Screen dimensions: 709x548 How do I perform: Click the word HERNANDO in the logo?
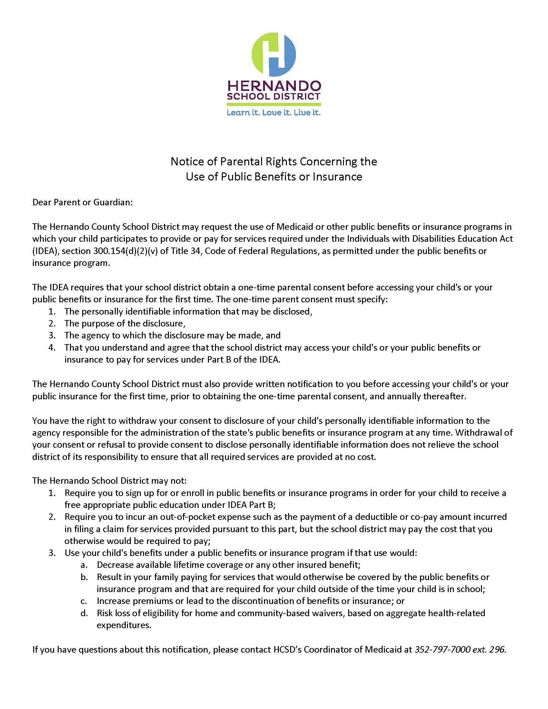click(x=274, y=86)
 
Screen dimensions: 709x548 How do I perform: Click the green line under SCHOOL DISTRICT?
click(x=274, y=104)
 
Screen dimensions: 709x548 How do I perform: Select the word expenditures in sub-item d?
click(x=124, y=625)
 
